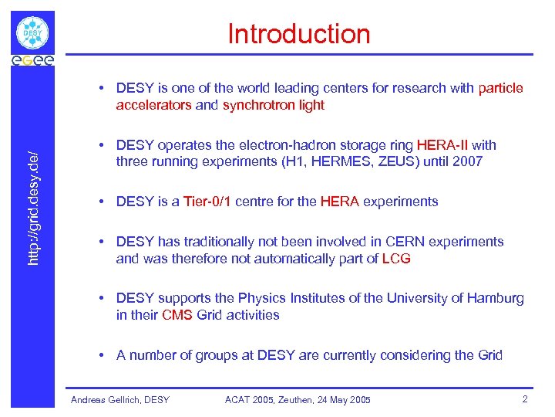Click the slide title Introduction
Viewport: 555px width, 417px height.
tap(298, 34)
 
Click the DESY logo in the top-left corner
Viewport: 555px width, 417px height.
tap(32, 33)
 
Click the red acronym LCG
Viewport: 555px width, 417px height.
tap(396, 259)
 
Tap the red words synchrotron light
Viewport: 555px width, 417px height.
tap(274, 105)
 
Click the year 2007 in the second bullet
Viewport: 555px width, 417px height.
tap(468, 161)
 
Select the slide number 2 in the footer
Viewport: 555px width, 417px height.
tap(524, 399)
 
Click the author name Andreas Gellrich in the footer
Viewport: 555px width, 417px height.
tap(104, 400)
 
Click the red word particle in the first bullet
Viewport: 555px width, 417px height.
tap(500, 88)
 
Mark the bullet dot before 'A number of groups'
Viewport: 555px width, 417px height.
tap(102, 355)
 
